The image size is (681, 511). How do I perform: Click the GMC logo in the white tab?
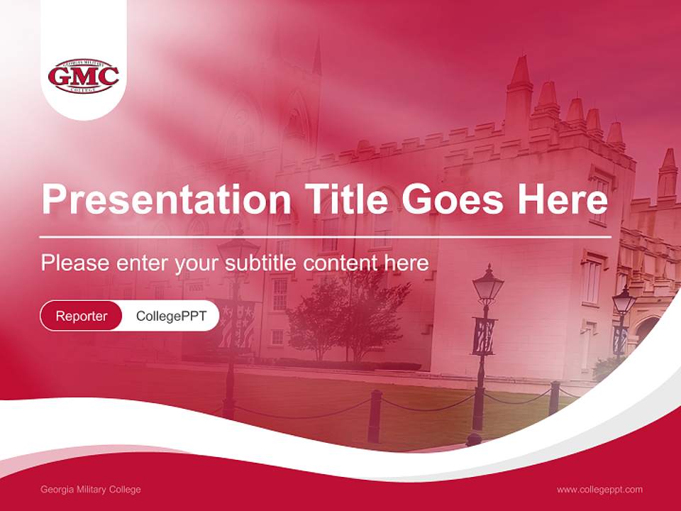(83, 77)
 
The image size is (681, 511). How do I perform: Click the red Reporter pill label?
(81, 316)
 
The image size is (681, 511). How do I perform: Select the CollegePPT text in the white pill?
(171, 316)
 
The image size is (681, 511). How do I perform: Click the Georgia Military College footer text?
(91, 490)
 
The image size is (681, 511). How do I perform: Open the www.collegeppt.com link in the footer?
(599, 490)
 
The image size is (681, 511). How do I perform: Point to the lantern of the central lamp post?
(487, 285)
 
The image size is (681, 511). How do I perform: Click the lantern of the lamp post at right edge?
(624, 301)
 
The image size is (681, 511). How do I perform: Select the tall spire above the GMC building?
(316, 57)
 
